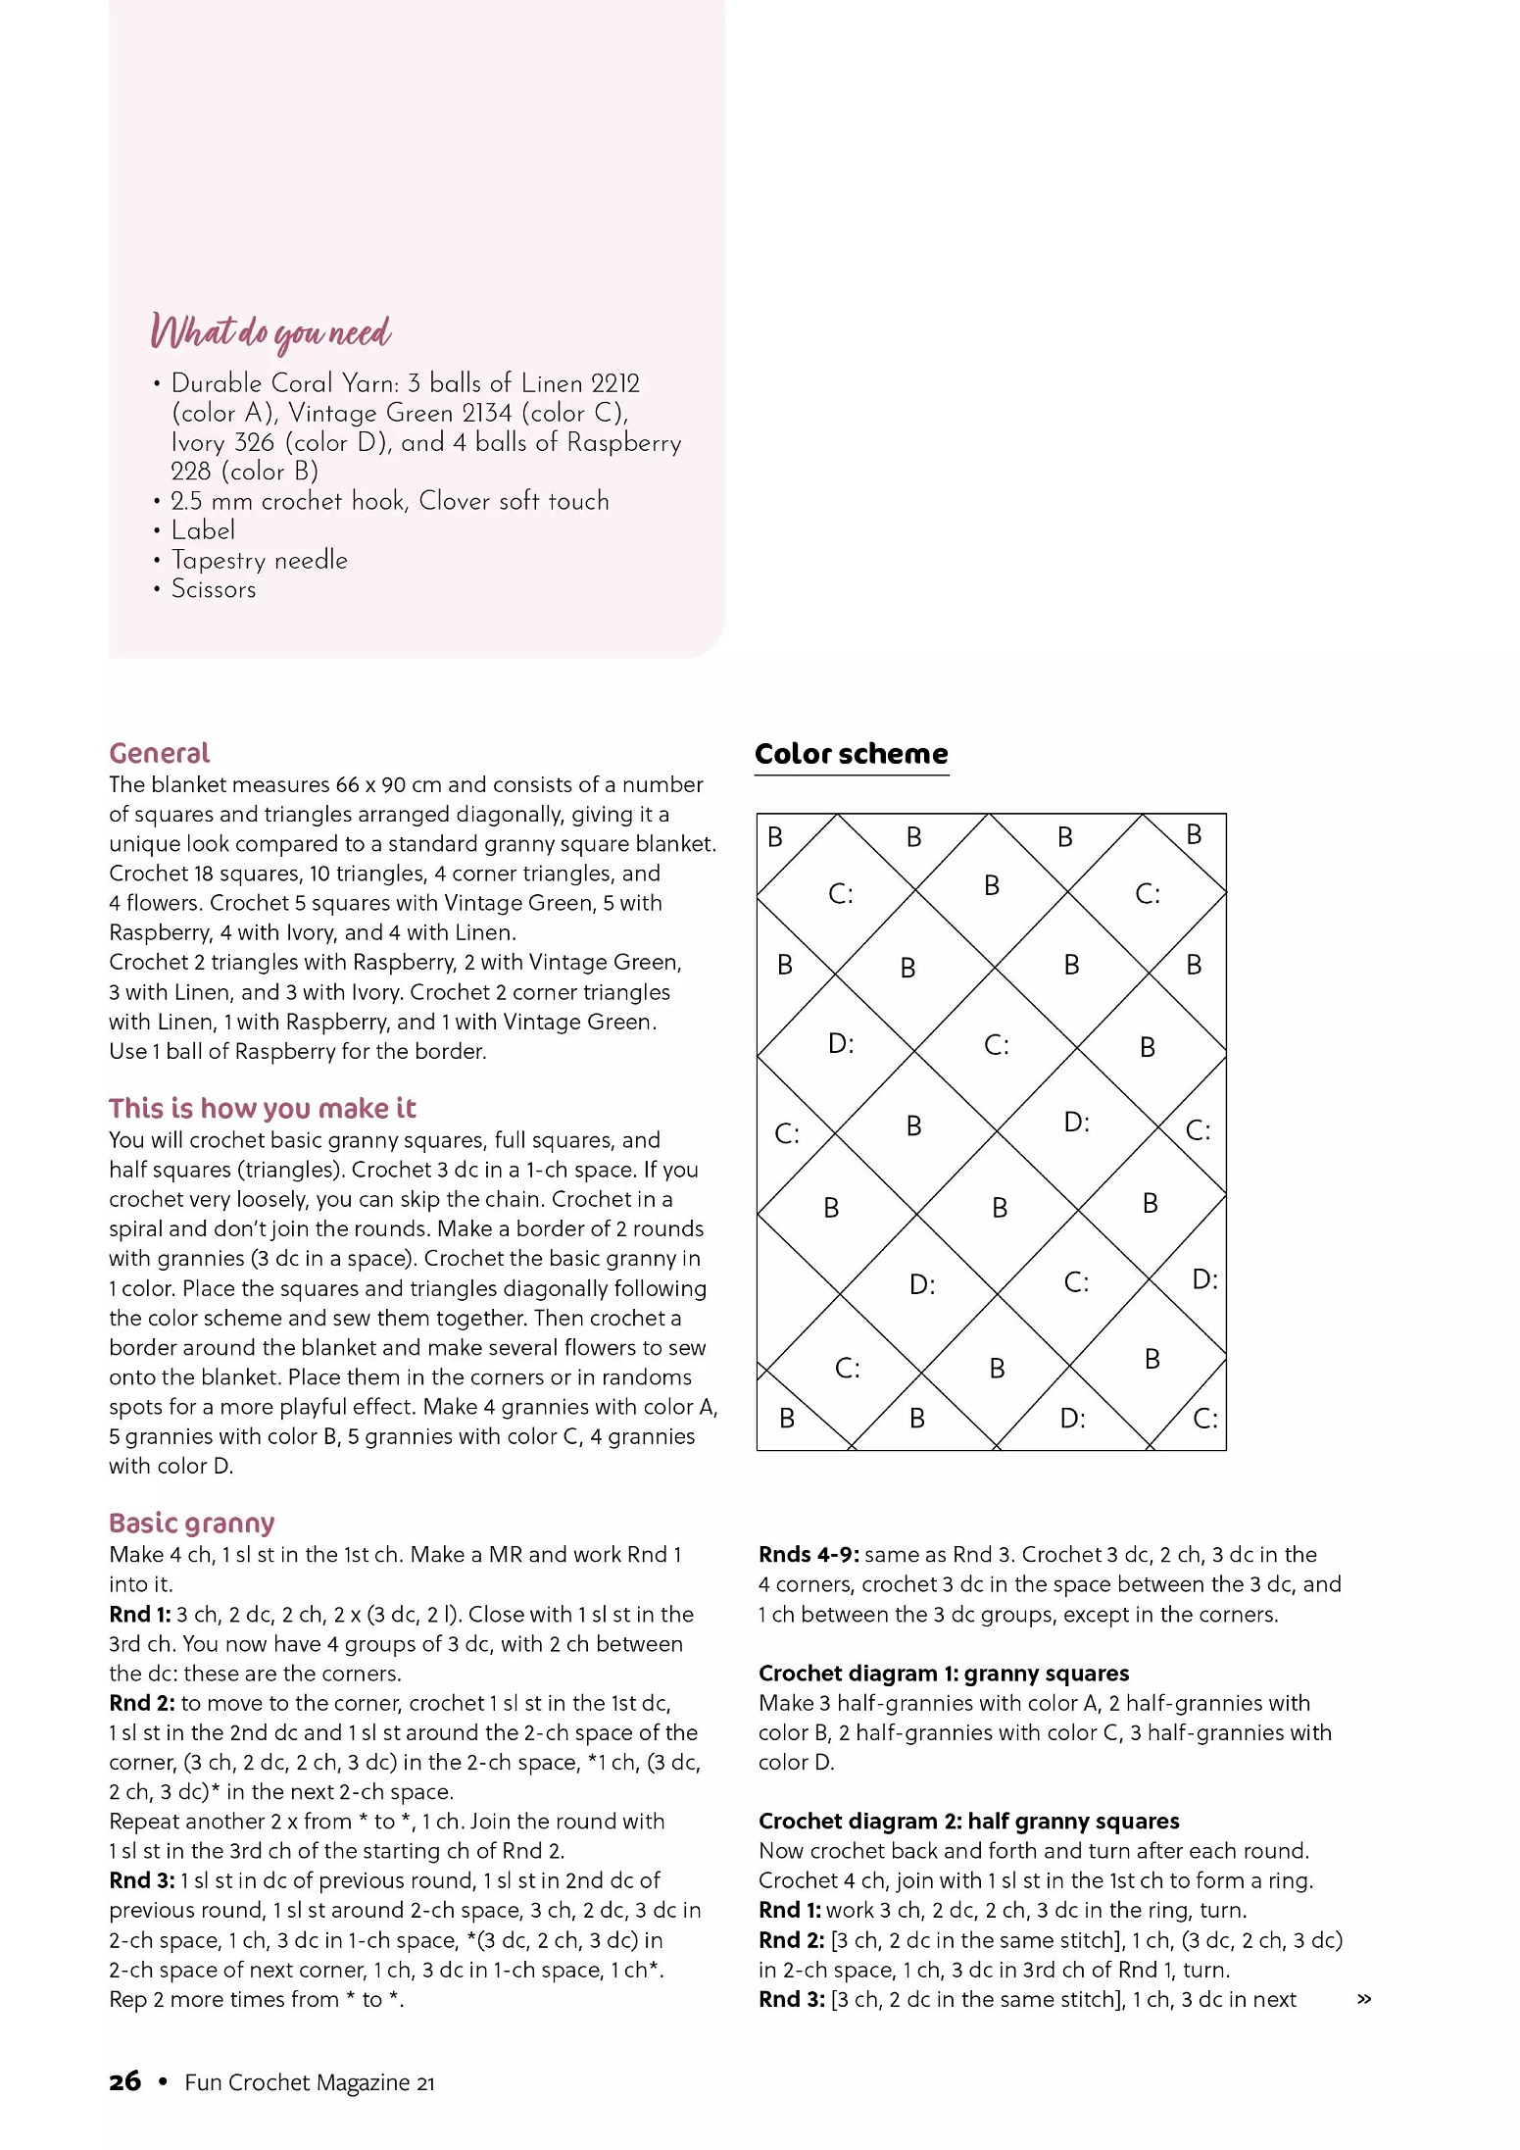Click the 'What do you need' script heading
tap(271, 332)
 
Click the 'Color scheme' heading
tap(851, 754)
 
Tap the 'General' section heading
tap(159, 753)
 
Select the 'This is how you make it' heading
tap(262, 1108)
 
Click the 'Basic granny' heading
tap(191, 1523)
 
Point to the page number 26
tap(124, 2081)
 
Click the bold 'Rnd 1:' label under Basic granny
tap(139, 1614)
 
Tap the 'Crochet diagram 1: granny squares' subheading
tap(943, 1673)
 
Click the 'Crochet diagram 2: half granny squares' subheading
tap(968, 1821)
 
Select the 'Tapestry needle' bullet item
tap(259, 560)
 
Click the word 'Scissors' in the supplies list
tap(214, 589)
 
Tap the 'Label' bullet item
tap(203, 530)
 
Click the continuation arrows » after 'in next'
tap(1363, 1999)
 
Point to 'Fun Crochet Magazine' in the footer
tap(297, 2082)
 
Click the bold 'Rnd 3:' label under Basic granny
tap(141, 1880)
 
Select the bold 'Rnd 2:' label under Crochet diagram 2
tap(791, 1940)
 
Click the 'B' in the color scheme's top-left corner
tap(775, 837)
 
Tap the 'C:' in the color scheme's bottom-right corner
tap(1205, 1419)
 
